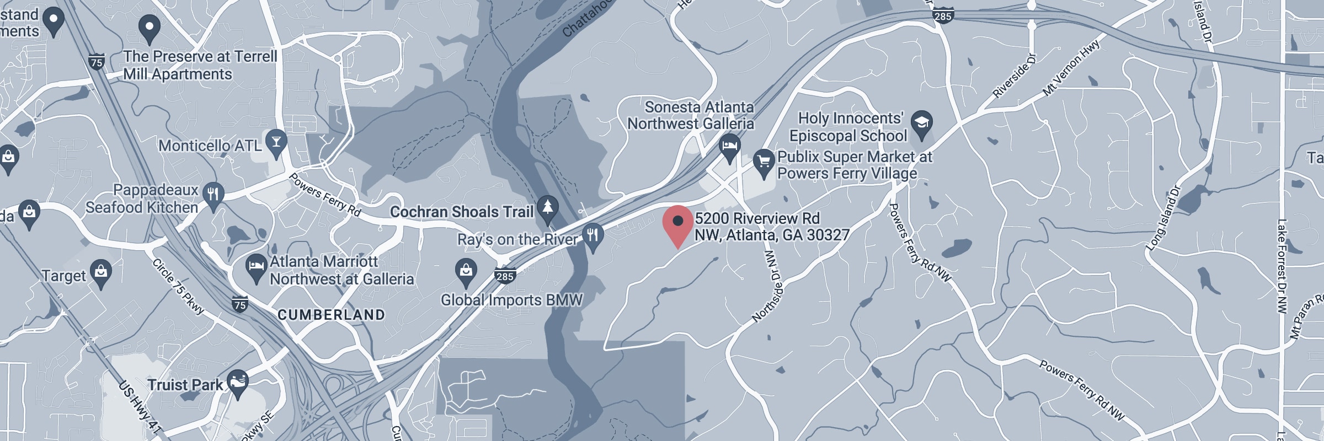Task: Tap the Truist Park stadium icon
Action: tap(238, 383)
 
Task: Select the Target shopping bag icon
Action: tap(100, 272)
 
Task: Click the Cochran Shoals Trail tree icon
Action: tap(547, 208)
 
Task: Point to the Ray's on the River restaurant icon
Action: tap(593, 236)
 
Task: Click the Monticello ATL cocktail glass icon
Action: tap(275, 142)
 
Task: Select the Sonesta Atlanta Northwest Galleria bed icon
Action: tap(730, 147)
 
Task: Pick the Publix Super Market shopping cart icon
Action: tap(764, 162)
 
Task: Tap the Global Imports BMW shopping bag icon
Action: tap(466, 271)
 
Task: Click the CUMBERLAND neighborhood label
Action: tap(331, 315)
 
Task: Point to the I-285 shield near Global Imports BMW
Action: tap(505, 276)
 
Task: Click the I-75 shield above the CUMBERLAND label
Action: tap(239, 304)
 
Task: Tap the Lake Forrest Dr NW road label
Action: tap(1281, 266)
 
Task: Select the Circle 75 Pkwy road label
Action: tap(178, 287)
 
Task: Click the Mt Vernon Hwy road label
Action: tap(1071, 69)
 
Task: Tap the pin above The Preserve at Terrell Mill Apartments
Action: tap(149, 28)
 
